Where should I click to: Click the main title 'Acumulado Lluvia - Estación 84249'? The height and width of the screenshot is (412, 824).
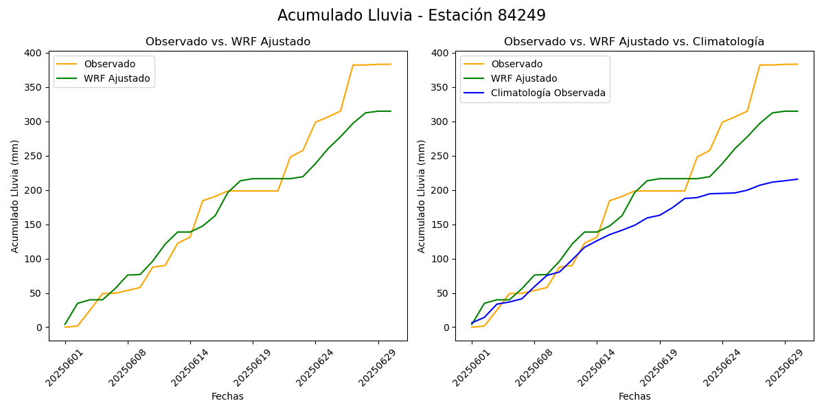click(x=411, y=16)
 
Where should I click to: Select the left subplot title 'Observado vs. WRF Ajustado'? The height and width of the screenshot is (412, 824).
click(x=228, y=42)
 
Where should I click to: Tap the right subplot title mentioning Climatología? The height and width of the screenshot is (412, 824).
click(x=634, y=42)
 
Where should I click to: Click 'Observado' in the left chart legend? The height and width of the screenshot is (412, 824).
click(x=110, y=64)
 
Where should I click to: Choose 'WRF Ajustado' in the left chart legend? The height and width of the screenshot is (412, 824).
click(x=117, y=78)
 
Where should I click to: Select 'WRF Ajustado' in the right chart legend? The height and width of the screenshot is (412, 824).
click(x=524, y=78)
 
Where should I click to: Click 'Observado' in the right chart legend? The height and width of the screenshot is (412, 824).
click(x=516, y=64)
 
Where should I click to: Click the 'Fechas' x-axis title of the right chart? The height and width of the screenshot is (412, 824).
click(x=634, y=396)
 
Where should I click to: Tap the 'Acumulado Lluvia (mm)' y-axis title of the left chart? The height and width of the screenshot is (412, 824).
click(x=15, y=196)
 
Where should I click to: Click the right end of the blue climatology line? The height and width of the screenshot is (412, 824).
click(x=797, y=179)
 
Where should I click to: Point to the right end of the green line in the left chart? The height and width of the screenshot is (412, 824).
click(x=391, y=111)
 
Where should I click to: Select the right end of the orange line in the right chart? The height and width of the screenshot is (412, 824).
click(x=797, y=65)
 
